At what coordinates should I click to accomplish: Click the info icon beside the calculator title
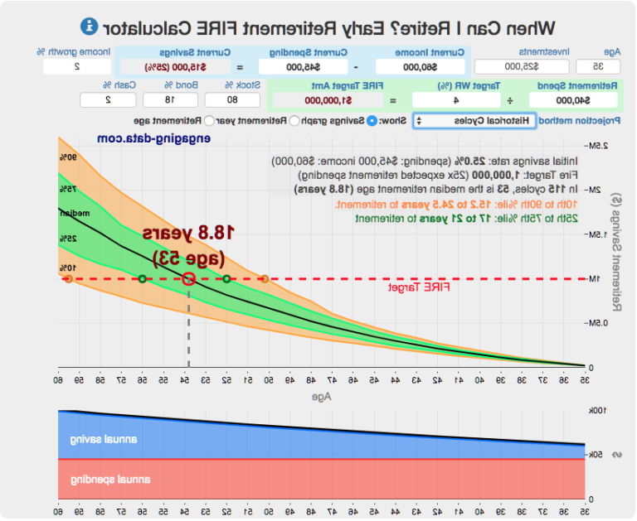click(89, 27)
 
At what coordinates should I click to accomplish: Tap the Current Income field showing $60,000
click(420, 67)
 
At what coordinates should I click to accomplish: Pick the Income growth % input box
click(76, 67)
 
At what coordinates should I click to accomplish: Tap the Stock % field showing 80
click(232, 100)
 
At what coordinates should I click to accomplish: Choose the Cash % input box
click(108, 100)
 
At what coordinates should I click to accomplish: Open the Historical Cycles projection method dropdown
click(474, 121)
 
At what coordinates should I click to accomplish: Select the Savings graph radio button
click(372, 121)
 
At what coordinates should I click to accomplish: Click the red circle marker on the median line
click(188, 279)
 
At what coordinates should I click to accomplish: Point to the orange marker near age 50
click(264, 279)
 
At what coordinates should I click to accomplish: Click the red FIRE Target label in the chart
click(419, 287)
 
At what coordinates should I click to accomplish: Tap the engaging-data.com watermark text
click(142, 139)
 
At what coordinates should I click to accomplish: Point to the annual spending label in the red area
click(104, 480)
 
